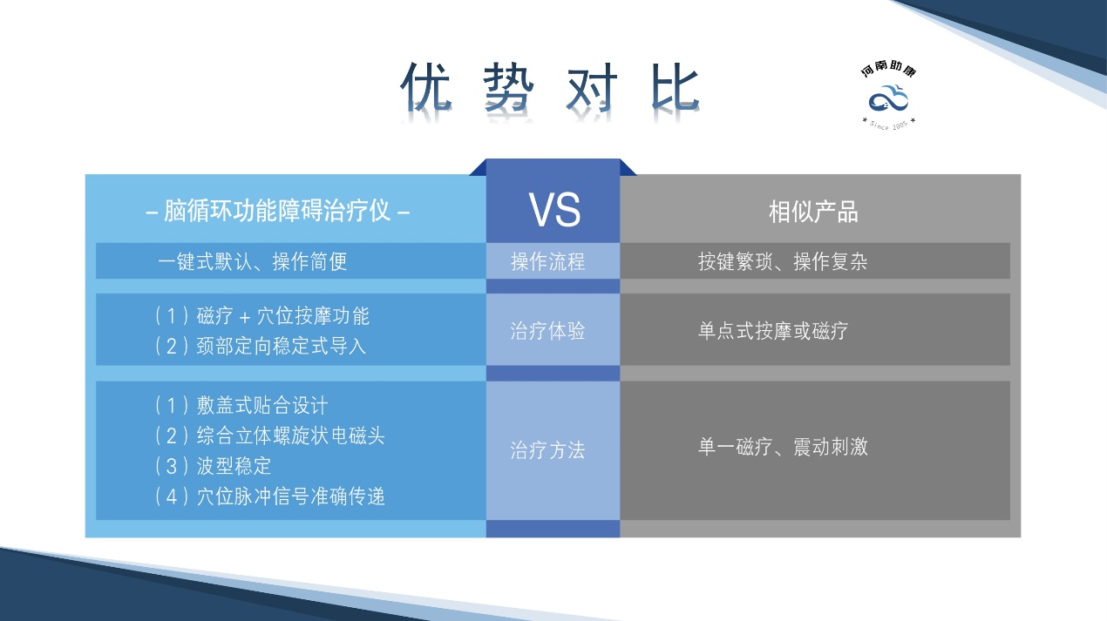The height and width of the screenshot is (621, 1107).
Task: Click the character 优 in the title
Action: pyautogui.click(x=426, y=87)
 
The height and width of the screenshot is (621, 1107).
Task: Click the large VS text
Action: pyautogui.click(x=553, y=210)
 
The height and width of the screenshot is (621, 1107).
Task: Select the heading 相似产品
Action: pyautogui.click(x=813, y=212)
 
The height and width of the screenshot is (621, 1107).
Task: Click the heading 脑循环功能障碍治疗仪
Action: pyautogui.click(x=276, y=212)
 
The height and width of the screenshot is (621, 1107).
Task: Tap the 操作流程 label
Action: pyautogui.click(x=547, y=261)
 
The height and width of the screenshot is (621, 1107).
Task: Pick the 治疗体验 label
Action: pyautogui.click(x=547, y=331)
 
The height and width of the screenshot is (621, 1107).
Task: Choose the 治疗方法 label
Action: pyautogui.click(x=547, y=450)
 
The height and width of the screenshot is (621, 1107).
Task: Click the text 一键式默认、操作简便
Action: pyautogui.click(x=253, y=261)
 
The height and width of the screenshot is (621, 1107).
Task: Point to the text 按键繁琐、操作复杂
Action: pyautogui.click(x=783, y=261)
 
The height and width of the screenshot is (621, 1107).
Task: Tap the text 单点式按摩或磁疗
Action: pyautogui.click(x=773, y=331)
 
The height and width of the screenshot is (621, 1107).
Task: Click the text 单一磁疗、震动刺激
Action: pyautogui.click(x=783, y=448)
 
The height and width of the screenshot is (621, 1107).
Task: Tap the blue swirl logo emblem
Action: pyautogui.click(x=888, y=98)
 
